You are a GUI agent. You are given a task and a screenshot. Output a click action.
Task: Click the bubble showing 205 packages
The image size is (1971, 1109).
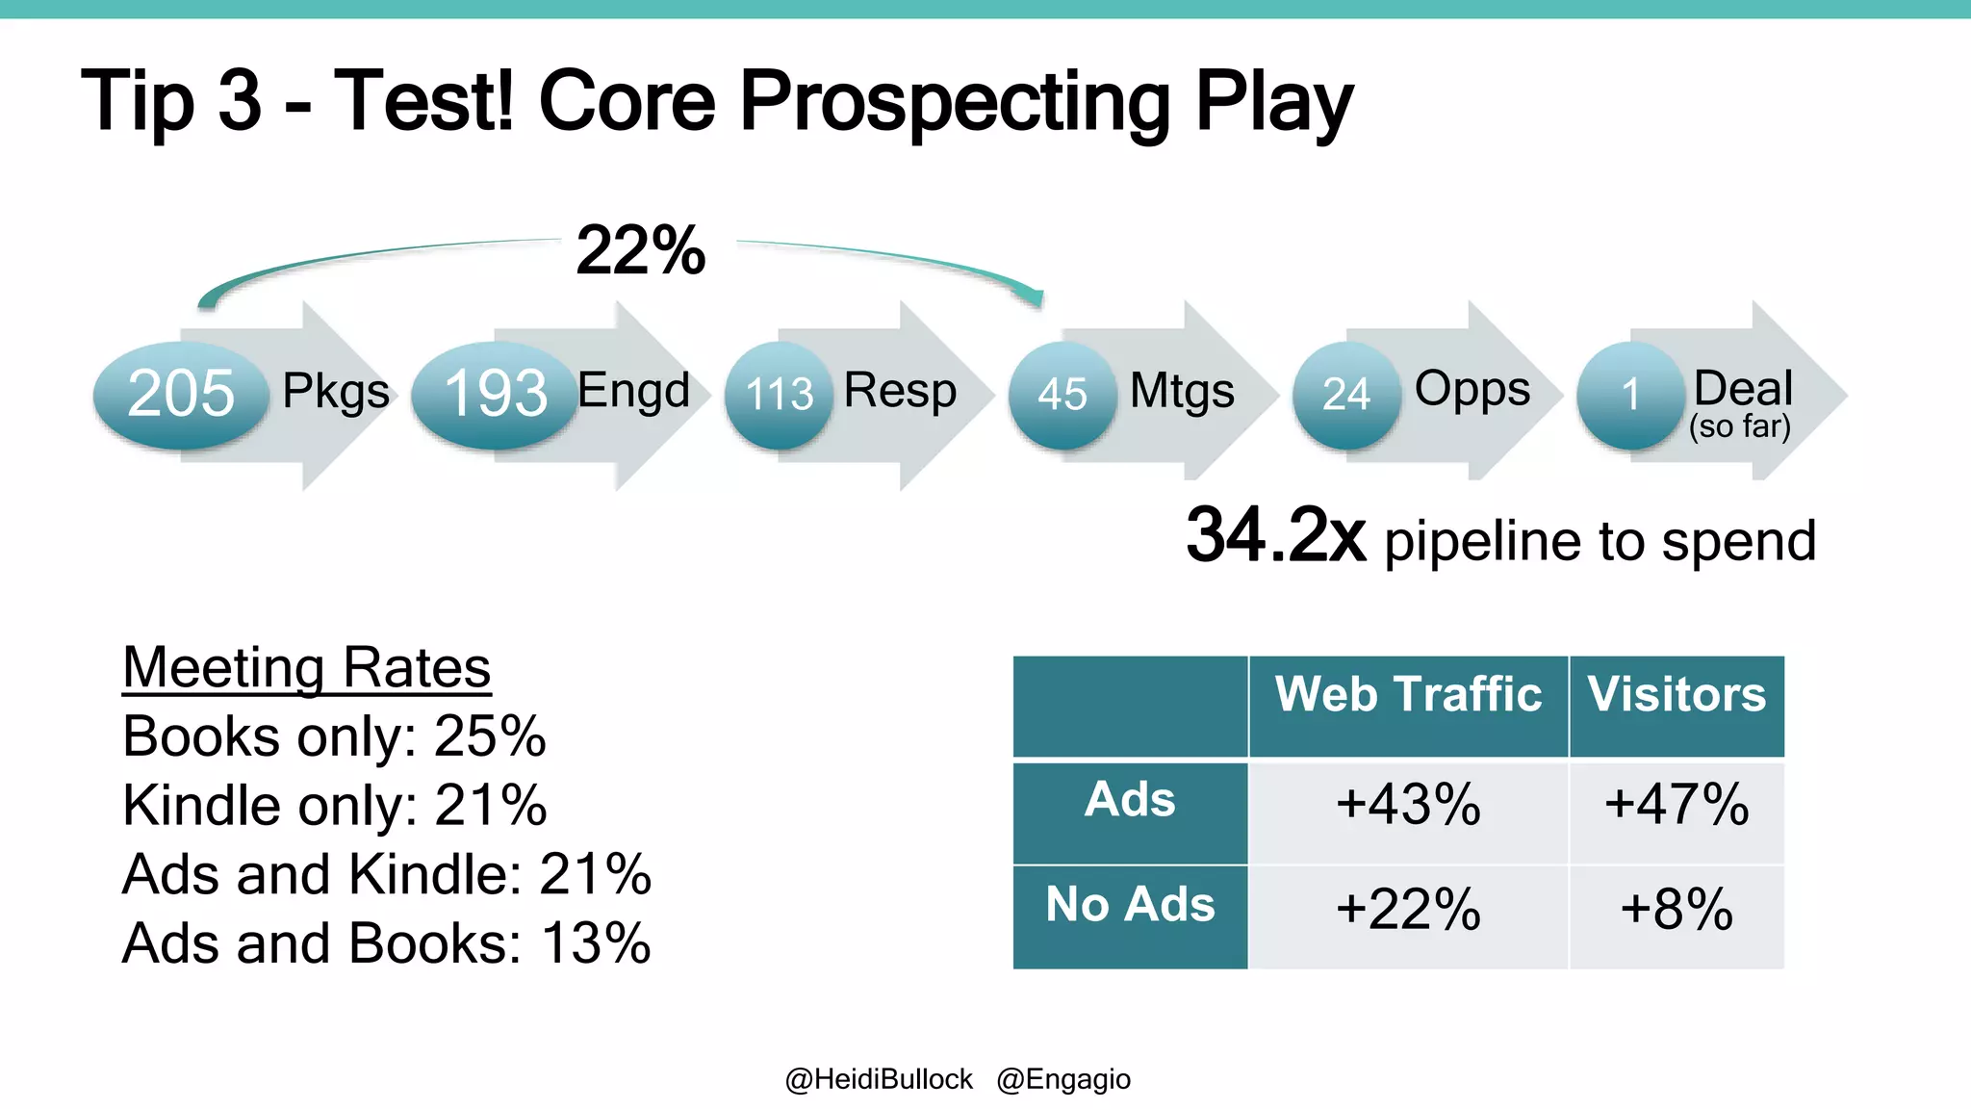click(x=181, y=394)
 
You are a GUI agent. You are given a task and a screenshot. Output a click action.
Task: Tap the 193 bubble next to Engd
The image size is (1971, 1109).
click(x=496, y=394)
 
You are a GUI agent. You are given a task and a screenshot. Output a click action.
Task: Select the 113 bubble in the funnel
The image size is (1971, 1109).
click(x=779, y=394)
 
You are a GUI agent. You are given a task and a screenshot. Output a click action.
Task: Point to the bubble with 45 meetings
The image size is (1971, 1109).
click(x=1062, y=394)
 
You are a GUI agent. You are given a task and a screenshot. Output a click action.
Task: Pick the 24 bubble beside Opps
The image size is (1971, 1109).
click(x=1345, y=394)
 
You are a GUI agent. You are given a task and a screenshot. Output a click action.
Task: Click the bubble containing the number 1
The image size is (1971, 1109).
click(x=1629, y=394)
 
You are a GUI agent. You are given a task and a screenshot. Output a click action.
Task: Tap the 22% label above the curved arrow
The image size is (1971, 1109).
click(x=641, y=251)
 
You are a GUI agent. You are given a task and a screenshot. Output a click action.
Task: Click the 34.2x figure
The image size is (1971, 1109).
click(x=1275, y=536)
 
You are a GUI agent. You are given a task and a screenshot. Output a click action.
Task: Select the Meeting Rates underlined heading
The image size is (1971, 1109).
click(x=307, y=667)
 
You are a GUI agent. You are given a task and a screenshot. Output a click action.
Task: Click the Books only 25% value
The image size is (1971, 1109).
click(x=490, y=736)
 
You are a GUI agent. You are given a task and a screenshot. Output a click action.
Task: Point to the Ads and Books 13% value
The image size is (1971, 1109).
click(x=596, y=943)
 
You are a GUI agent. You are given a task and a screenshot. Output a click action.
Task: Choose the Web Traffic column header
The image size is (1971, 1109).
click(x=1408, y=695)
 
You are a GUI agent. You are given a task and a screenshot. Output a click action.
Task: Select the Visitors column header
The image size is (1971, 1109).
click(x=1677, y=695)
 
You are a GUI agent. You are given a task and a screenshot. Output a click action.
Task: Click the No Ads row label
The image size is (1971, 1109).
click(x=1130, y=905)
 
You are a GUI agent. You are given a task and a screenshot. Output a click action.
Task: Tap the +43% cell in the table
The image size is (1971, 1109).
click(x=1408, y=805)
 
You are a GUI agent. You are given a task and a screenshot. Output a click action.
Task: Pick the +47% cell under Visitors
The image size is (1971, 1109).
click(x=1677, y=805)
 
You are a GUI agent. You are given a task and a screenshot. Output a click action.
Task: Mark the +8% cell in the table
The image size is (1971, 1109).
click(x=1677, y=909)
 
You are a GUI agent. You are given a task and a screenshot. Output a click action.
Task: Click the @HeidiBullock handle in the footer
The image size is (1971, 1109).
click(x=879, y=1079)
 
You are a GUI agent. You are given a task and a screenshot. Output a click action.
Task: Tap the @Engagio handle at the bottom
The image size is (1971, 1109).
click(x=1063, y=1079)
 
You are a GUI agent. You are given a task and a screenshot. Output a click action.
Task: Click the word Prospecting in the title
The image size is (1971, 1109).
click(x=954, y=102)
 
